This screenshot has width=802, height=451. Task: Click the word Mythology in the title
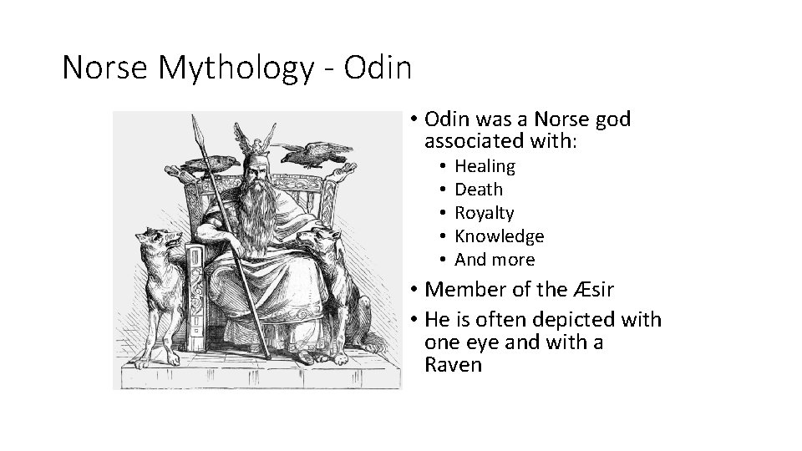pos(240,68)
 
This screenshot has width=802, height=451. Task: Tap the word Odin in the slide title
pos(378,68)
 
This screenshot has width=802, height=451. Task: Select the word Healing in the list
pos(485,166)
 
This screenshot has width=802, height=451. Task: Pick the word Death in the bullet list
pos(479,190)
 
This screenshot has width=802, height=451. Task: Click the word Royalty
pos(484,213)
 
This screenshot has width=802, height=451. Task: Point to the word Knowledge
pos(499,236)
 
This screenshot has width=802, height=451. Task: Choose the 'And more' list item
pos(494,260)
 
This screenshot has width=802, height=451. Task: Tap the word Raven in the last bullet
pos(453,365)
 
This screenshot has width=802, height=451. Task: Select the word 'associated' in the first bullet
pos(492,141)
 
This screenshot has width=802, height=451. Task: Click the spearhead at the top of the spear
pos(197,129)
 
